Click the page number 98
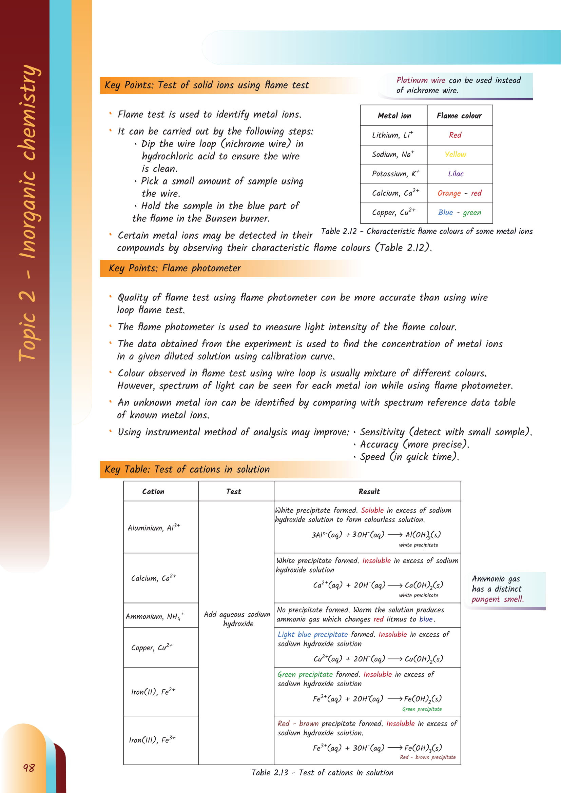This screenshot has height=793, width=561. pyautogui.click(x=29, y=768)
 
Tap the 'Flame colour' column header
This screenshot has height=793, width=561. pyautogui.click(x=459, y=116)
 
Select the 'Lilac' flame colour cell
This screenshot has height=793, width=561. pyautogui.click(x=456, y=174)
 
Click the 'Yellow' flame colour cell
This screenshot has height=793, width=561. pyautogui.click(x=455, y=154)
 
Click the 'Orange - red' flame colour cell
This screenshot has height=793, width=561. pyautogui.click(x=459, y=193)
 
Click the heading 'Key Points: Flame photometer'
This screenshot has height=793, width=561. pyautogui.click(x=175, y=268)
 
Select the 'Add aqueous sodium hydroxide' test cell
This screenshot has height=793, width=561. pyautogui.click(x=237, y=619)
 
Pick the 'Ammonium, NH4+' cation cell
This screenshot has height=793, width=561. pyautogui.click(x=155, y=616)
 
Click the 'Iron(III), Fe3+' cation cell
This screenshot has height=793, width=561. pyautogui.click(x=152, y=740)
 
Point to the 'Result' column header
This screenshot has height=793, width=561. pyautogui.click(x=369, y=492)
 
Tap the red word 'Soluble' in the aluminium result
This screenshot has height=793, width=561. pyautogui.click(x=372, y=510)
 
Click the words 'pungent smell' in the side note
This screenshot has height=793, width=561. pyautogui.click(x=497, y=599)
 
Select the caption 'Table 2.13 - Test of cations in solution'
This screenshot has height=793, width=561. pyautogui.click(x=322, y=773)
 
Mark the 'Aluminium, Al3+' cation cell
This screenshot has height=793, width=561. pyautogui.click(x=154, y=528)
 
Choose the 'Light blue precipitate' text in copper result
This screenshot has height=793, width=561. pyautogui.click(x=313, y=634)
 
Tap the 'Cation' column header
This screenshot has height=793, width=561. pyautogui.click(x=153, y=492)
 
